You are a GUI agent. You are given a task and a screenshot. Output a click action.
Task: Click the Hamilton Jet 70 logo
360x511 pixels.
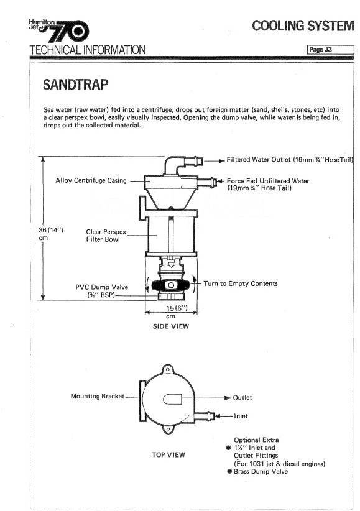[x=58, y=30]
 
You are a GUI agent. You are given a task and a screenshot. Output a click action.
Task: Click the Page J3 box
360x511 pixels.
[x=330, y=50]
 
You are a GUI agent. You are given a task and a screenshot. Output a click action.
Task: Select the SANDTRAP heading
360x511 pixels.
[x=76, y=85]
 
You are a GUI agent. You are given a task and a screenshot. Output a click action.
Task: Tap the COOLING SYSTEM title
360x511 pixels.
[x=303, y=25]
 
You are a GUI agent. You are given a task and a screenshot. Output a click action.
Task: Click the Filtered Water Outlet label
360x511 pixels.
[x=290, y=160]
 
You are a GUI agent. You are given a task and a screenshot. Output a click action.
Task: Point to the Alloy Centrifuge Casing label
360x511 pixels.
[x=91, y=180]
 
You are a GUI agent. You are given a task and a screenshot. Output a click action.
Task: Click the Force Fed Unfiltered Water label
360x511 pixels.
[x=268, y=184]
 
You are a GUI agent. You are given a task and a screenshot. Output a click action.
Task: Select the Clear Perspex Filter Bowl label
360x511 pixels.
[x=106, y=235]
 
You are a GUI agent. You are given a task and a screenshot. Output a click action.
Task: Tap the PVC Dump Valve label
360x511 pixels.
[x=102, y=291]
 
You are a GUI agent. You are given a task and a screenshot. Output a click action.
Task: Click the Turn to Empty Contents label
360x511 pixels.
[x=241, y=283]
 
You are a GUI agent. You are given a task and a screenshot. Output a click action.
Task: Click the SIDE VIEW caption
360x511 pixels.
[x=171, y=326]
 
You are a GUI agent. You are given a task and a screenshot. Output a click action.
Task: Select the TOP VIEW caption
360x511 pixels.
[x=168, y=454]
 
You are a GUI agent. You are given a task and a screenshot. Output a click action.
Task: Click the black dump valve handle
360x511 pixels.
[x=170, y=285]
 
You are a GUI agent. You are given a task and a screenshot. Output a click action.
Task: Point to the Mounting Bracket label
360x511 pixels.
[x=98, y=396]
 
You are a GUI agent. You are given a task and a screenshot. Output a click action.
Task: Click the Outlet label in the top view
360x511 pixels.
[x=242, y=398]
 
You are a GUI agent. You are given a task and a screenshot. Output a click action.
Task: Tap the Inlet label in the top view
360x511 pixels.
[x=241, y=416]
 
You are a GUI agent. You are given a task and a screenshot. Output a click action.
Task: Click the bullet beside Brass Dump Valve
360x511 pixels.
[x=229, y=471]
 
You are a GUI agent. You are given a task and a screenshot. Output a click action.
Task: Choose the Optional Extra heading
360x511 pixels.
[x=256, y=440]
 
